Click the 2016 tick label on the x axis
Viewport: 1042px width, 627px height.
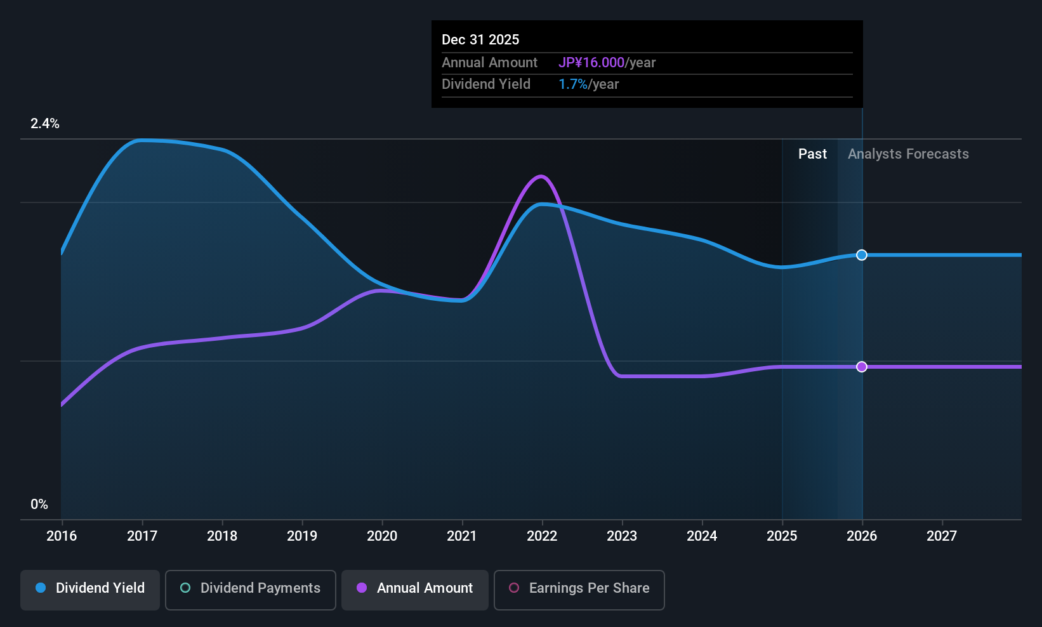coord(62,536)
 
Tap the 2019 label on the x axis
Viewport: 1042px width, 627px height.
coord(302,536)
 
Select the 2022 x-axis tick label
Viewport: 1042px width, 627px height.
coord(542,536)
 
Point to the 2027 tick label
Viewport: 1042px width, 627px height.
coord(942,536)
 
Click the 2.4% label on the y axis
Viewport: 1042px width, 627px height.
coord(45,124)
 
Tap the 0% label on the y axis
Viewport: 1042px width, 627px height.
coord(39,505)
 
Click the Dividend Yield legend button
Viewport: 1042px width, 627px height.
coord(90,588)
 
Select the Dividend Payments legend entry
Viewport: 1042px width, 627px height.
coord(251,588)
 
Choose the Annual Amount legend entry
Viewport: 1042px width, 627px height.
coord(415,588)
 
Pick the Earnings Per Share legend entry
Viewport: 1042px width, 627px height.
coord(579,588)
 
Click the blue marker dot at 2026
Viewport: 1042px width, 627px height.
coord(862,255)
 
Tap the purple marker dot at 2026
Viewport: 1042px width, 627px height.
coord(862,367)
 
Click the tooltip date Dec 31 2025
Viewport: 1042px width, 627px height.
coord(480,40)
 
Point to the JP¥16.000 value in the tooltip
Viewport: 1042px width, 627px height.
coord(591,63)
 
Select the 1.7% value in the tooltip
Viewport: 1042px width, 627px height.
coord(573,84)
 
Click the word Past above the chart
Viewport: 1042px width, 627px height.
coord(812,154)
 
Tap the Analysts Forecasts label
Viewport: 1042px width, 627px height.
coord(908,154)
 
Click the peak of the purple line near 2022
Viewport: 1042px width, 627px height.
coord(541,176)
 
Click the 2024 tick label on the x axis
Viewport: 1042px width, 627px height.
coord(702,536)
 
